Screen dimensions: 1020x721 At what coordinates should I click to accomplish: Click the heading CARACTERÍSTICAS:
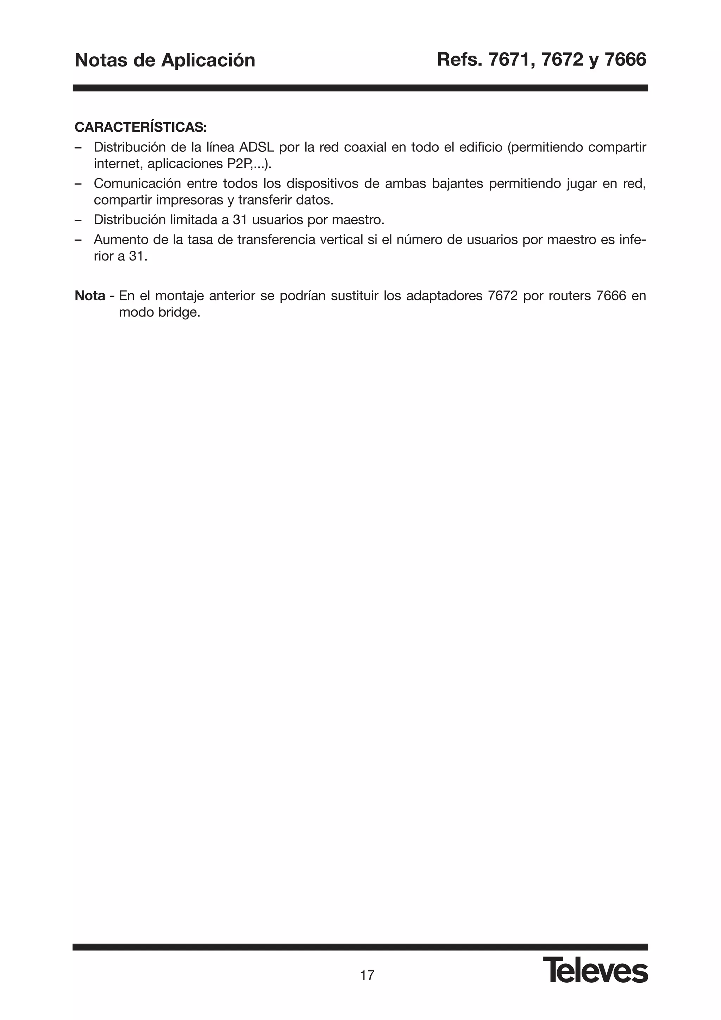[x=140, y=127]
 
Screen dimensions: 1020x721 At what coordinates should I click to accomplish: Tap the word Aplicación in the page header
[x=208, y=61]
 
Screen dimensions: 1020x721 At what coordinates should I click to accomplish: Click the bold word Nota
[x=90, y=295]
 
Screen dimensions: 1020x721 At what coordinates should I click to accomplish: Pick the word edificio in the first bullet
[x=480, y=147]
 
